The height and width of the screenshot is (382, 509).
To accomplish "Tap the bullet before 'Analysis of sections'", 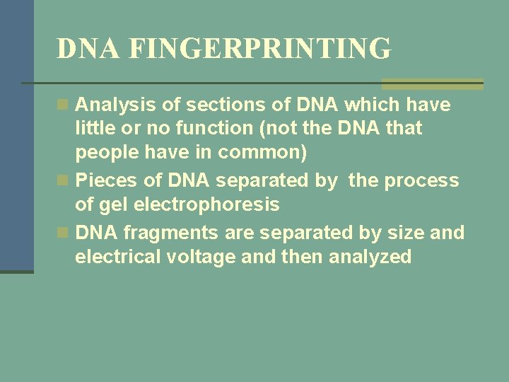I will coord(64,105).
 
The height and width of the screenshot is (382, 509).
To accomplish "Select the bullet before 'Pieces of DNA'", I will coord(64,181).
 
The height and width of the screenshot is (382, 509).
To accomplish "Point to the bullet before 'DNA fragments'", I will coord(64,232).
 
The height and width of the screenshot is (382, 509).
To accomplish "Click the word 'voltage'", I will coord(202,257).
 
